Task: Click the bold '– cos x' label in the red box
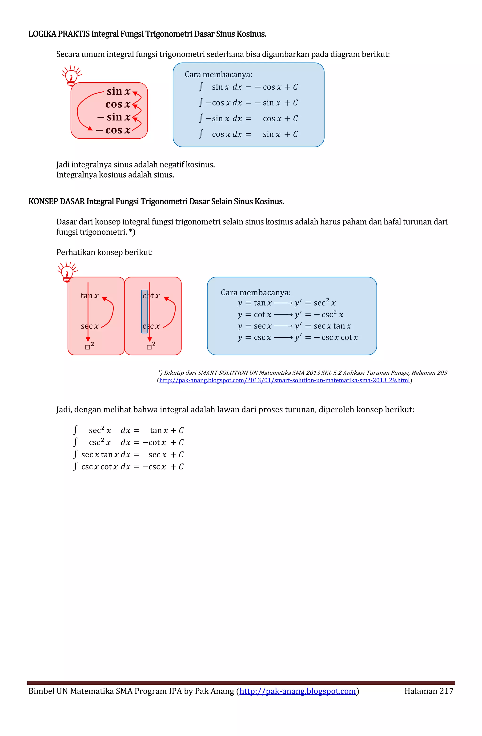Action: pos(113,130)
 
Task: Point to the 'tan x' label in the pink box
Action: pos(89,296)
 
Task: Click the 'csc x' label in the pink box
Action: pos(151,326)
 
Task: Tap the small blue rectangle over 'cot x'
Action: pos(144,311)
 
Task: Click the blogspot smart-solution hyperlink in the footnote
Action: pos(284,380)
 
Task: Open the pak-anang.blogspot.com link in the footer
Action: pos(297,691)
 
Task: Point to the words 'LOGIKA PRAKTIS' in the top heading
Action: pos(59,34)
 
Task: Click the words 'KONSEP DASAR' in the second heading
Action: pos(56,202)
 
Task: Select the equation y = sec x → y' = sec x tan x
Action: pos(294,326)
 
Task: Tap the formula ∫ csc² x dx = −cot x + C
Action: pos(129,442)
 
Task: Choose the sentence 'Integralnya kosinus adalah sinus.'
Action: pos(115,175)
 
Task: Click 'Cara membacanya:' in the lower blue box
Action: pos(255,293)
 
